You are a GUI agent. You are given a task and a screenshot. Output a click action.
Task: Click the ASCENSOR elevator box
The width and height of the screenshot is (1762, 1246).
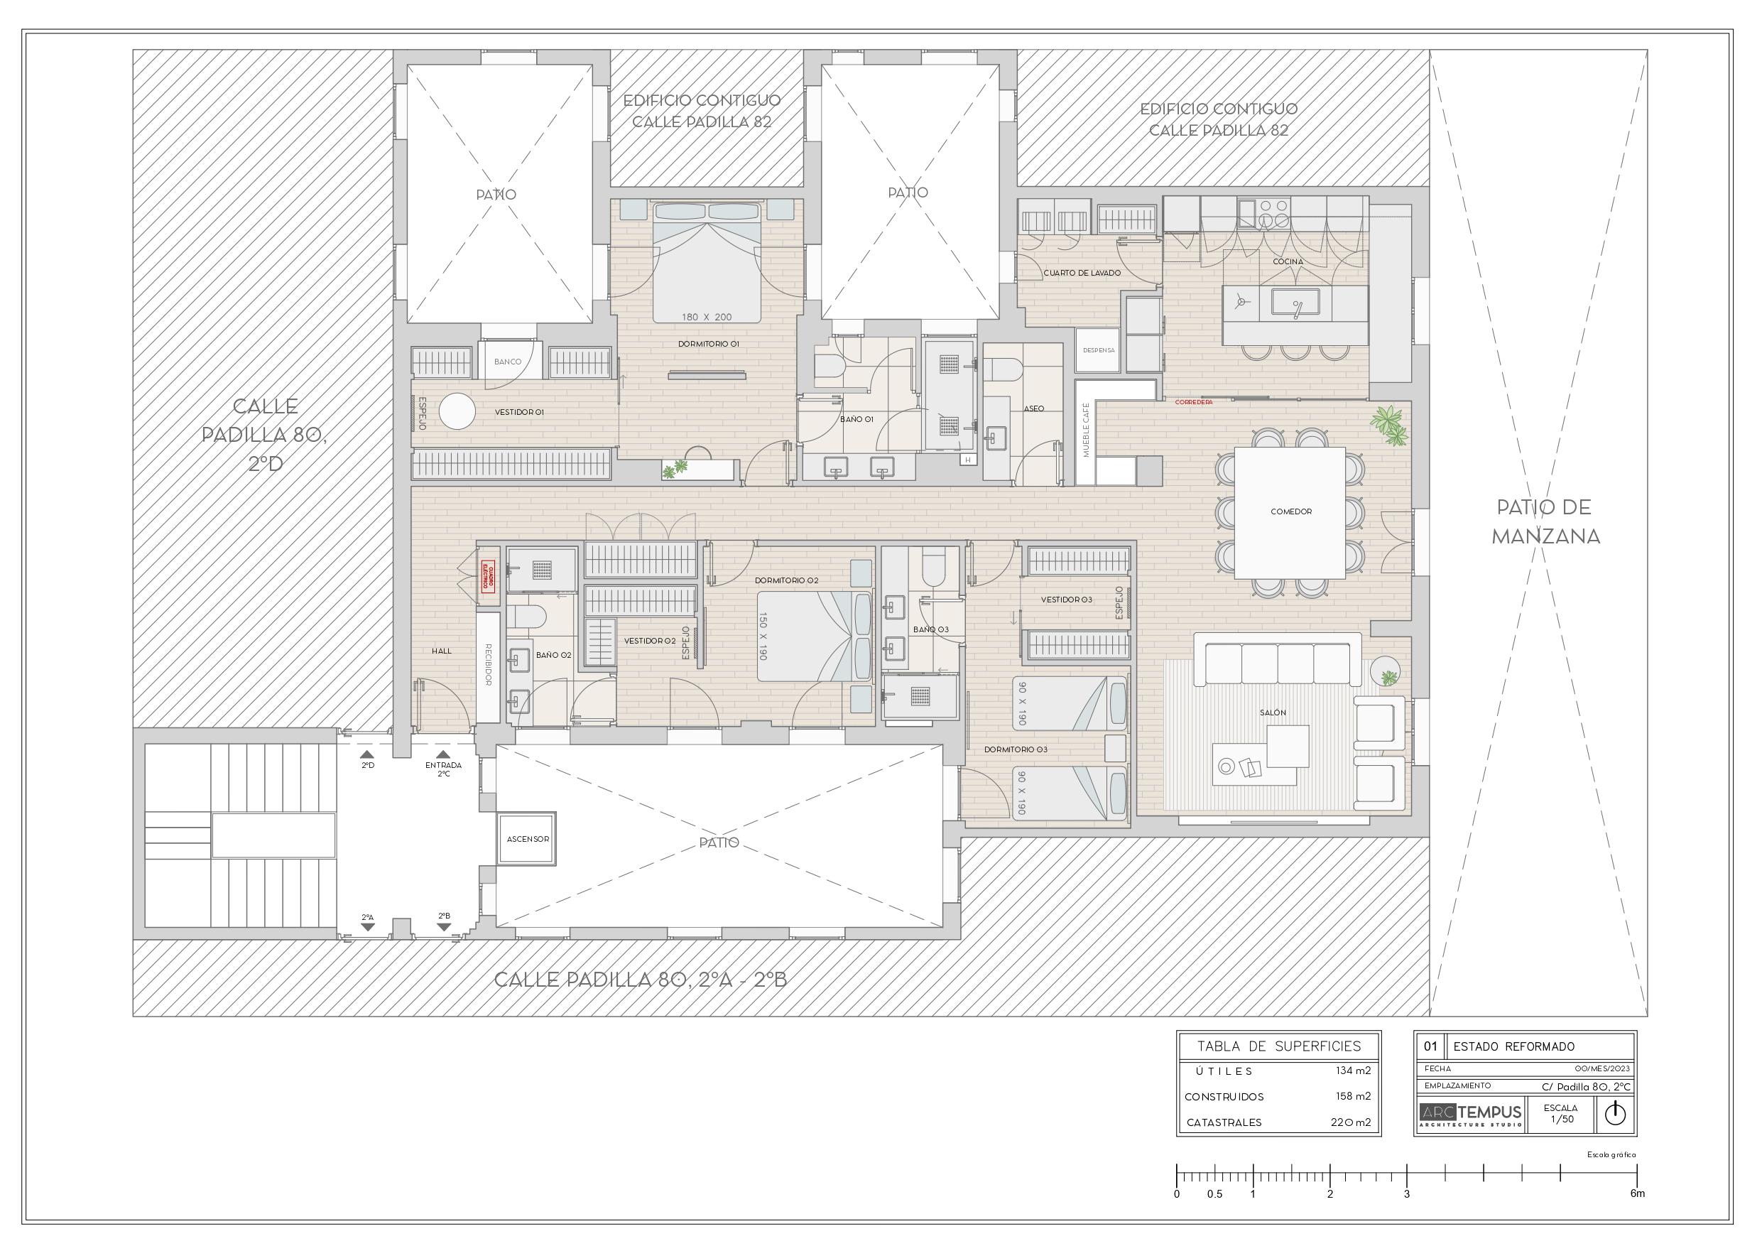click(527, 839)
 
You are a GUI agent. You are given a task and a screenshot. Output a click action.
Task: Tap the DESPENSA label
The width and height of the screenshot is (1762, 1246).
click(1098, 350)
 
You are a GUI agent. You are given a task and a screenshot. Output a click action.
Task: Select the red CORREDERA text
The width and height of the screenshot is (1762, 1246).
click(1193, 401)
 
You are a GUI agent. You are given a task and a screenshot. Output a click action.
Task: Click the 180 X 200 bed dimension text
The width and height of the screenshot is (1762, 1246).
click(706, 316)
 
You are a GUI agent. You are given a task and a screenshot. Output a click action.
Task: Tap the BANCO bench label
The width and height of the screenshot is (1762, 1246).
click(507, 362)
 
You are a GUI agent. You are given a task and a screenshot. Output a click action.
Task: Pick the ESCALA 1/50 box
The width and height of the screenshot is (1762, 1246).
click(1560, 1113)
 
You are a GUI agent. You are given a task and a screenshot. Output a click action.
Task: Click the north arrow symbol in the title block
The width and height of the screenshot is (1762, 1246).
click(1615, 1113)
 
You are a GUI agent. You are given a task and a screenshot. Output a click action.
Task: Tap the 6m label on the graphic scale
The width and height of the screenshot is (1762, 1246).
click(1637, 1194)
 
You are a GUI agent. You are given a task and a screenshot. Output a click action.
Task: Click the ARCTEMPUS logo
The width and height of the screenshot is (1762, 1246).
click(1469, 1114)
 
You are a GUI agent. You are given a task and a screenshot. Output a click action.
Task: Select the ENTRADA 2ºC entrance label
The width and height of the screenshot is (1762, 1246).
click(444, 769)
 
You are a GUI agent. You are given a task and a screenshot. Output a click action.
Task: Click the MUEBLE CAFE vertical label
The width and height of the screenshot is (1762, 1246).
click(1086, 430)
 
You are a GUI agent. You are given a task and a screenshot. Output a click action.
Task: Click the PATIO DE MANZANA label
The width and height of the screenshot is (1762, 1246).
click(1545, 521)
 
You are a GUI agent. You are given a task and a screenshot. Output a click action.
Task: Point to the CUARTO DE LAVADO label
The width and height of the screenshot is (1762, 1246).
click(1082, 273)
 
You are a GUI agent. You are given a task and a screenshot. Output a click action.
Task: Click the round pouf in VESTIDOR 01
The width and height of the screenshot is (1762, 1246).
click(459, 411)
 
